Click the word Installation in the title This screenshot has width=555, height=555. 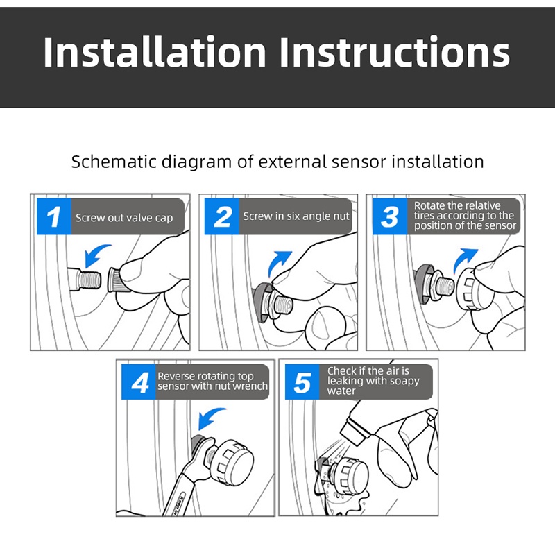(155, 52)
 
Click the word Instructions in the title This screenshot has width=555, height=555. (395, 52)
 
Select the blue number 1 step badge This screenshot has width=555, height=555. (54, 216)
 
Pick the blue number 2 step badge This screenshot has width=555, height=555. (222, 216)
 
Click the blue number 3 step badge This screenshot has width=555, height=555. (390, 216)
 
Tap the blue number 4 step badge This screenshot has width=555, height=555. (138, 382)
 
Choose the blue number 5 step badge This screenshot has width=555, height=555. (302, 382)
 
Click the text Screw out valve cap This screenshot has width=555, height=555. (124, 218)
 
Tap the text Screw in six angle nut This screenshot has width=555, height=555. (296, 216)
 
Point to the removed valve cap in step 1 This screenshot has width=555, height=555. (114, 280)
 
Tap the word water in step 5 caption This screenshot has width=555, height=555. (341, 391)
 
